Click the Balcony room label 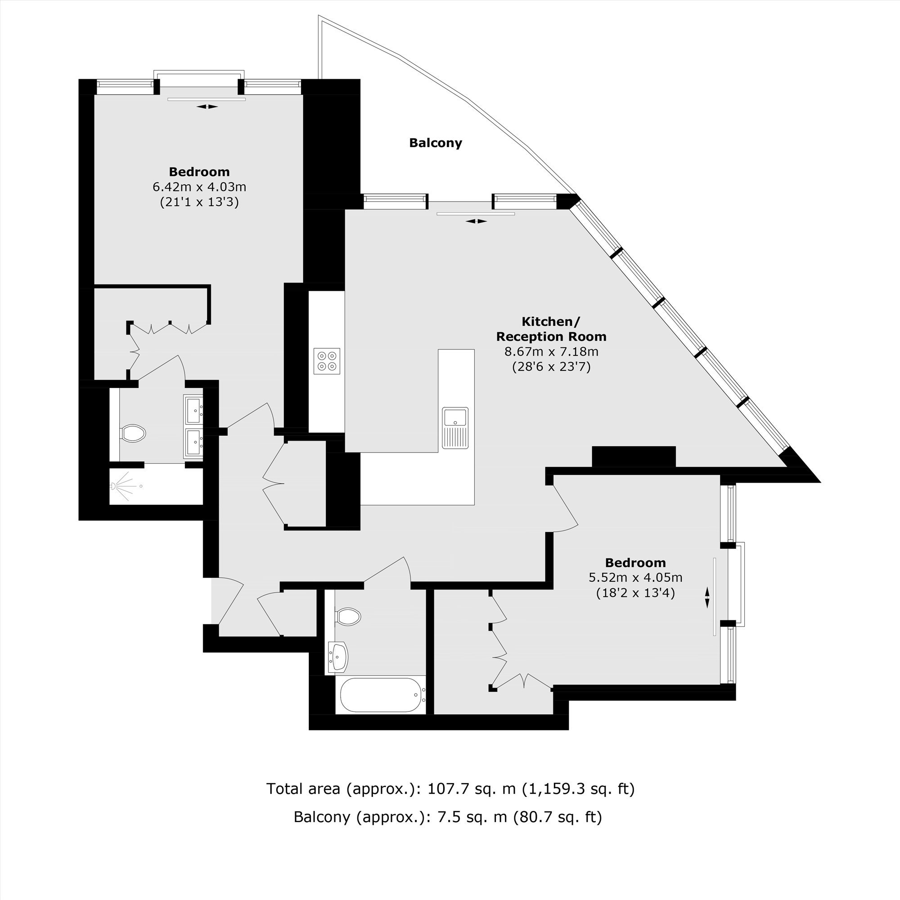click(x=436, y=143)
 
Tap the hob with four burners click(x=327, y=361)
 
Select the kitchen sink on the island click(x=455, y=427)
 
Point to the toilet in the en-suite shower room click(x=133, y=433)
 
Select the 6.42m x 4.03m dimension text click(x=199, y=187)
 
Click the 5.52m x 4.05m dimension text click(x=635, y=578)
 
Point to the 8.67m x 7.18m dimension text click(x=552, y=352)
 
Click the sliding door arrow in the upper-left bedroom click(x=207, y=107)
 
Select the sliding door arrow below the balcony click(x=476, y=221)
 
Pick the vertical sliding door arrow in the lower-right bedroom click(x=707, y=598)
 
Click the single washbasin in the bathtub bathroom click(x=338, y=657)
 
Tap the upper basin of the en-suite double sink click(x=194, y=409)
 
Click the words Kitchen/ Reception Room click(x=552, y=329)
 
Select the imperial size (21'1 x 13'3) click(x=199, y=202)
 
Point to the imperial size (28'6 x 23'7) click(x=552, y=367)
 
